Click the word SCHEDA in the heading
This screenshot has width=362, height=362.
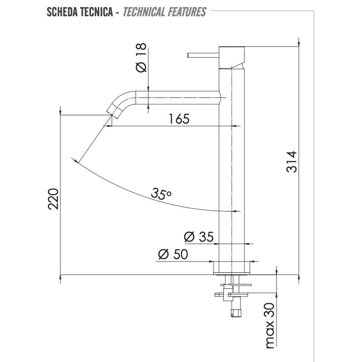click(62, 12)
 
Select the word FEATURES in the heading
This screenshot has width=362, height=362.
click(187, 12)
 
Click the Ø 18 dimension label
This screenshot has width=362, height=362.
click(141, 57)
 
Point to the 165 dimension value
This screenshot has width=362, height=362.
click(179, 119)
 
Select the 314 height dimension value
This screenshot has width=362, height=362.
click(291, 162)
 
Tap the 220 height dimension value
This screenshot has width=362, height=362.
click(53, 199)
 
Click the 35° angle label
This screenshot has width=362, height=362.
click(162, 194)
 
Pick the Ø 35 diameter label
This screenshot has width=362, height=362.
click(199, 237)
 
